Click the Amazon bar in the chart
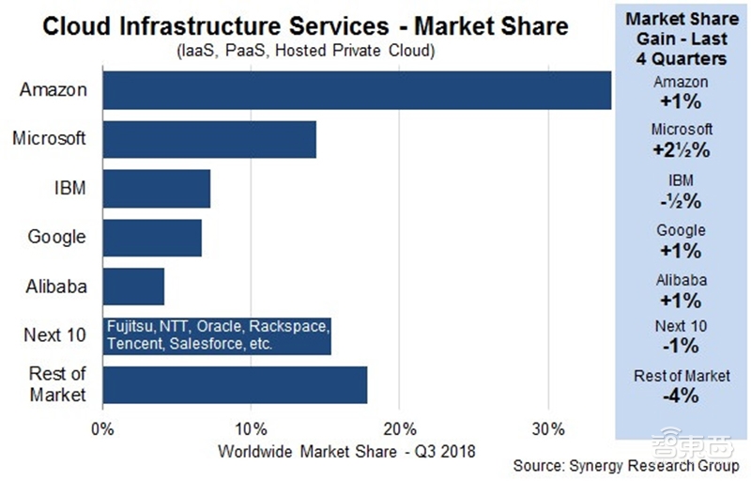click(x=357, y=90)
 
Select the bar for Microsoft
click(x=209, y=139)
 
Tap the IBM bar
click(x=156, y=188)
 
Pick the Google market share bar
click(x=152, y=238)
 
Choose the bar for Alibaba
click(x=133, y=287)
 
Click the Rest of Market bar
click(x=235, y=385)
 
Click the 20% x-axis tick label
click(x=399, y=430)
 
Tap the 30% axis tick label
click(x=547, y=430)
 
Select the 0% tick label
click(x=102, y=430)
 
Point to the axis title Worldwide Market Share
click(x=347, y=451)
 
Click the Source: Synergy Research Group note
click(x=626, y=466)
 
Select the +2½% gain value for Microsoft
click(x=682, y=149)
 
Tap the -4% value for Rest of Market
click(x=682, y=396)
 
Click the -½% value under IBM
click(x=682, y=199)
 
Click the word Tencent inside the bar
click(x=135, y=345)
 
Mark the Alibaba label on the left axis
click(x=54, y=287)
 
